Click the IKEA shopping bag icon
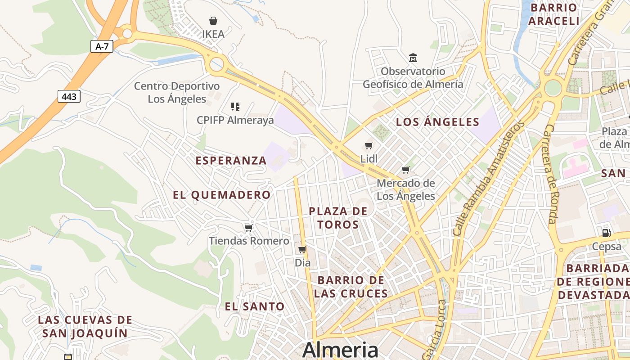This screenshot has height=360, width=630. pyautogui.click(x=213, y=21)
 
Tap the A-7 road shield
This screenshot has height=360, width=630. pyautogui.click(x=102, y=46)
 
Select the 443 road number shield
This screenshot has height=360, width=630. pyautogui.click(x=69, y=96)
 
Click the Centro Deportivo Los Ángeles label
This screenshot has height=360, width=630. pyautogui.click(x=177, y=92)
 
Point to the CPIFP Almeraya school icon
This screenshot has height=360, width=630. pyautogui.click(x=235, y=107)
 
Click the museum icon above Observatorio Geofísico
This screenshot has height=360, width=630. pyautogui.click(x=413, y=58)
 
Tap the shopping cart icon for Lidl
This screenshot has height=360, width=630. pyautogui.click(x=369, y=145)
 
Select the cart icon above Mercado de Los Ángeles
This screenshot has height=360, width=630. pyautogui.click(x=406, y=170)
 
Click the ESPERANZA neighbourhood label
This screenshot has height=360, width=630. pyautogui.click(x=231, y=161)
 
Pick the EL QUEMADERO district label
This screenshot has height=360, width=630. pyautogui.click(x=222, y=195)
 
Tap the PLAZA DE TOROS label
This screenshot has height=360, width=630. pyautogui.click(x=338, y=218)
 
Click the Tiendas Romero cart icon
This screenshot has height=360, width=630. pyautogui.click(x=249, y=228)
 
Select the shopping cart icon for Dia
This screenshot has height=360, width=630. pyautogui.click(x=302, y=249)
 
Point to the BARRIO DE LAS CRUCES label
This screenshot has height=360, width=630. pyautogui.click(x=351, y=287)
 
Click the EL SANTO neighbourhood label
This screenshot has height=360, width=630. pyautogui.click(x=255, y=307)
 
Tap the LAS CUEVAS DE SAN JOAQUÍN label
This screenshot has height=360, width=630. pyautogui.click(x=85, y=327)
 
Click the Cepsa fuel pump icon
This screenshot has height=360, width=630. pyautogui.click(x=606, y=233)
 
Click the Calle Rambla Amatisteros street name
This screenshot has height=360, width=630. pyautogui.click(x=488, y=178)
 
